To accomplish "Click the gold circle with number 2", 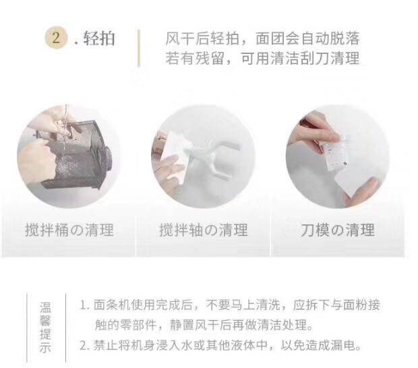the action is click(x=56, y=38).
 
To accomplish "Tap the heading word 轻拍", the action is click(x=99, y=38).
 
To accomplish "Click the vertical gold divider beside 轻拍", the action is click(x=139, y=48).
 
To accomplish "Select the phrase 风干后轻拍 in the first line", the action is click(x=202, y=39).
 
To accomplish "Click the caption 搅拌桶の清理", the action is click(x=69, y=230).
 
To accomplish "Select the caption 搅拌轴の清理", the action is click(x=204, y=230).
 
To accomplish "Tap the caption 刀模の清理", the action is click(x=338, y=230).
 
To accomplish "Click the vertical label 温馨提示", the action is click(x=45, y=328).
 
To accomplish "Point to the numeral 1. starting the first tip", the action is click(x=85, y=305).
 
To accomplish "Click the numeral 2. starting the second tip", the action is click(x=85, y=346).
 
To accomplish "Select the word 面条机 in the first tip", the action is click(x=109, y=305).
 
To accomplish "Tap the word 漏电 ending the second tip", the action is click(x=346, y=346).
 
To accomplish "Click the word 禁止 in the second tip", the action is click(x=103, y=346).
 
